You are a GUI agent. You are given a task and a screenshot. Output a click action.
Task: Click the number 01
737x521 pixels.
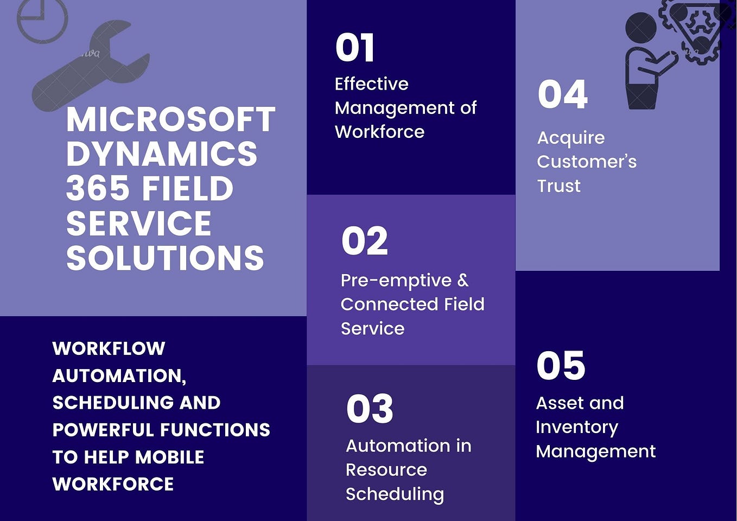(x=355, y=48)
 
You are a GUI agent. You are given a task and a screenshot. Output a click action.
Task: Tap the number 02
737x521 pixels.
(x=364, y=241)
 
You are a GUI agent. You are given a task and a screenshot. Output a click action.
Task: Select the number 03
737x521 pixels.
(x=370, y=409)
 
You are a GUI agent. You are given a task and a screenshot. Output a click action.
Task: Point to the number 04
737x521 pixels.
(x=562, y=94)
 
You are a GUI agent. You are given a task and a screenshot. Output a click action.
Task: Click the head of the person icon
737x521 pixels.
(x=641, y=28)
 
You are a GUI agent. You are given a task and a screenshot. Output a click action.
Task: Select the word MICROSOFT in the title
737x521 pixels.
(x=171, y=119)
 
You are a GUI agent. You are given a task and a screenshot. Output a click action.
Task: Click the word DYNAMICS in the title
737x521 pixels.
(x=162, y=154)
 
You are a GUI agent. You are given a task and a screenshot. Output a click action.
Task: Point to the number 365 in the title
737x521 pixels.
(x=99, y=189)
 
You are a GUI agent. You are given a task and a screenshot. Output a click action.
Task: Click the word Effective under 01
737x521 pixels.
(x=371, y=84)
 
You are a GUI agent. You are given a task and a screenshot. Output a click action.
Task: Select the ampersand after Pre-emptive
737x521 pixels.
(x=462, y=280)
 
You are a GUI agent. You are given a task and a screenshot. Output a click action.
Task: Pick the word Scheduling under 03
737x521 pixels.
(x=395, y=494)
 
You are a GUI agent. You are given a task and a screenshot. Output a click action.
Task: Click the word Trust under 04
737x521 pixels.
(x=558, y=186)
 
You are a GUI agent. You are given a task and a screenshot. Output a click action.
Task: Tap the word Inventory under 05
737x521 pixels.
(x=577, y=427)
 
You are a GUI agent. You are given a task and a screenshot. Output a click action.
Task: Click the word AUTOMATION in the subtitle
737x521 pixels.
(x=118, y=376)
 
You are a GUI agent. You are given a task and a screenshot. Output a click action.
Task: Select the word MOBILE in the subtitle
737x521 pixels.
(x=169, y=457)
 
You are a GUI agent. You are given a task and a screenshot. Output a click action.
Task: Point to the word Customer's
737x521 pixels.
(x=587, y=162)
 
